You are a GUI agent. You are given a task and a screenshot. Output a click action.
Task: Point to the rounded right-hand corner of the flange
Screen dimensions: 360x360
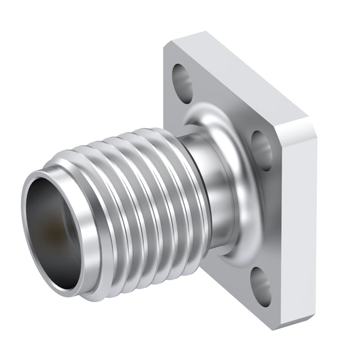click(x=312, y=127)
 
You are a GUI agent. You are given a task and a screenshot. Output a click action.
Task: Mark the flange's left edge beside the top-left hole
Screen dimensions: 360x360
click(x=168, y=84)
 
